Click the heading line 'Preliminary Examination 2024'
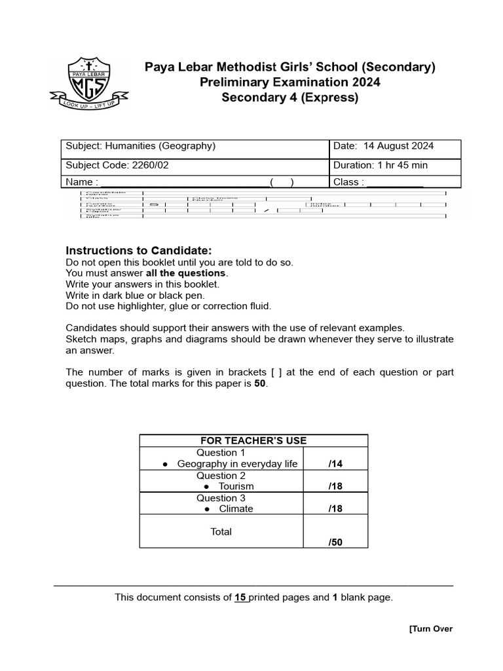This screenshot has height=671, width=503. pos(289,82)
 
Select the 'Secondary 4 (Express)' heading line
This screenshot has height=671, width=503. pos(289,98)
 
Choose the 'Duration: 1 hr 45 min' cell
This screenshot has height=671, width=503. pos(381,165)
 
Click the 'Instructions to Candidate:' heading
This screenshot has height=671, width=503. pos(139,251)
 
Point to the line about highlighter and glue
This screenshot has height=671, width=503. pos(168,306)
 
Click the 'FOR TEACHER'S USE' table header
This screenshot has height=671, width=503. pos(253,440)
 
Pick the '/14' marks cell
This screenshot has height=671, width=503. pos(335,464)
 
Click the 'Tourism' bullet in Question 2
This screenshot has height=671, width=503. pos(236,486)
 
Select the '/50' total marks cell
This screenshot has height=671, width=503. pos(335,542)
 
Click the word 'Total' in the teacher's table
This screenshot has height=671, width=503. pos(221,531)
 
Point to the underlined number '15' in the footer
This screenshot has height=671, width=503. pos(240,597)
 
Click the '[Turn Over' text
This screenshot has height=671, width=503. pos(430,629)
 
